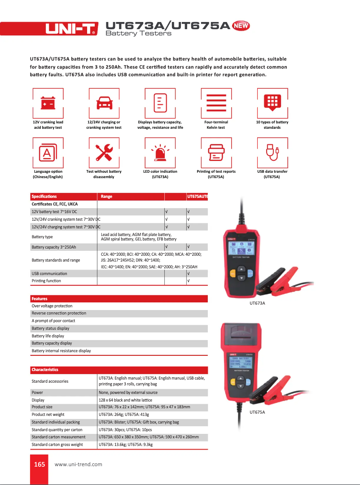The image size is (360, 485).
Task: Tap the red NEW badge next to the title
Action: [x=241, y=26]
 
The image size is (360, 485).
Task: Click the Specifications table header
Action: [x=44, y=197]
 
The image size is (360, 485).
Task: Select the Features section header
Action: [x=40, y=298]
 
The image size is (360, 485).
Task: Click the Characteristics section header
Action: [x=45, y=370]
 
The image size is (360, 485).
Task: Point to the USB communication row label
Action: [x=49, y=273]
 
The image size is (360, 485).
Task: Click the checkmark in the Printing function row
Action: [x=188, y=281]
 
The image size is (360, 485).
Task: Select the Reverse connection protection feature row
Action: [x=59, y=313]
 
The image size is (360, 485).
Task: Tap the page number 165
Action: [x=40, y=464]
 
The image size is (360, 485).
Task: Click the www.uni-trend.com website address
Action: [x=78, y=464]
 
